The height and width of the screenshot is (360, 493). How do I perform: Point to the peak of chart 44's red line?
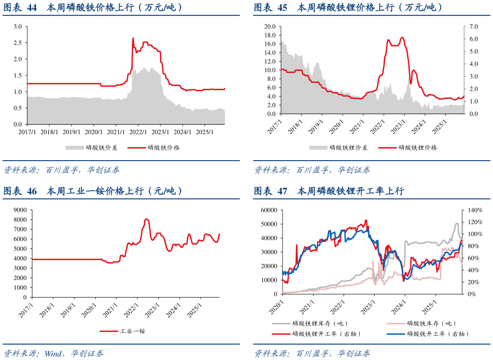click(133, 38)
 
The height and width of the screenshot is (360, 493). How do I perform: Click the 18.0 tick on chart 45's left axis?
click(269, 35)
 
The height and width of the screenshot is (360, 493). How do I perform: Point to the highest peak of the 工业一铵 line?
click(146, 219)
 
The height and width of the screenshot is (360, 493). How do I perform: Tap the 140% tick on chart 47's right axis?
click(475, 210)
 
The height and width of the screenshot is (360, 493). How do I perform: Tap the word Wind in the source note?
click(55, 354)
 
